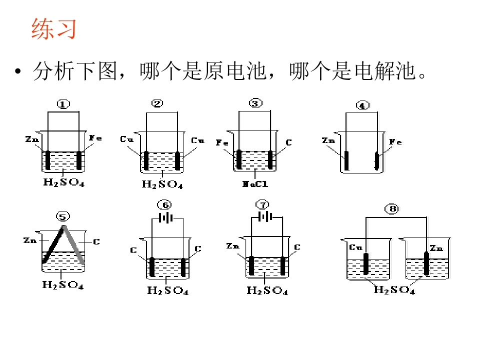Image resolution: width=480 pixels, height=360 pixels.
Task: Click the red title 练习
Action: [53, 29]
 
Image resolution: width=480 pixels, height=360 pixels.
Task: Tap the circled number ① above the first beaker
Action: [63, 104]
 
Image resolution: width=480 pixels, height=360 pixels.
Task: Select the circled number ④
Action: [363, 105]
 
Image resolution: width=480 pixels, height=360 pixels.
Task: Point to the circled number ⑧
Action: [392, 209]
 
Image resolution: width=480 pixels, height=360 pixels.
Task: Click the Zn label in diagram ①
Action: [32, 139]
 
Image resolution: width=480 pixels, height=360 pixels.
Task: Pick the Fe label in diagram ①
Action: [95, 138]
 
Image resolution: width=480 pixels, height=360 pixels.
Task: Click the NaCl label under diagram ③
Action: [255, 184]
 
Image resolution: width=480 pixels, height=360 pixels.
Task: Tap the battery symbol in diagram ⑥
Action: [165, 218]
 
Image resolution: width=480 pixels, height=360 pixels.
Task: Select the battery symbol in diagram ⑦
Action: [265, 217]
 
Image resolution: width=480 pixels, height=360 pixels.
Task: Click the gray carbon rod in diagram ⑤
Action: [73, 245]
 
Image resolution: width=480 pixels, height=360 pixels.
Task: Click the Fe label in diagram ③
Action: [222, 142]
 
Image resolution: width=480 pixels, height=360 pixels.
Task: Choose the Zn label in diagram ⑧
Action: [436, 248]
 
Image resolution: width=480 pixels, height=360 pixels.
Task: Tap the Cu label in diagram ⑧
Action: [355, 247]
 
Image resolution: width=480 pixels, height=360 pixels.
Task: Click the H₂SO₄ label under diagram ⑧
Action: [394, 289]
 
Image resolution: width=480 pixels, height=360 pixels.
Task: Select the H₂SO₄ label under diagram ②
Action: [162, 184]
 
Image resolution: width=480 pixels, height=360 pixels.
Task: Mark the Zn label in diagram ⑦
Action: [232, 246]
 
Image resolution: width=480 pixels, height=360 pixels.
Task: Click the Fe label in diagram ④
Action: [395, 141]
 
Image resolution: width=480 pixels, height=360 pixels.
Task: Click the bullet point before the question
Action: [18, 71]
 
